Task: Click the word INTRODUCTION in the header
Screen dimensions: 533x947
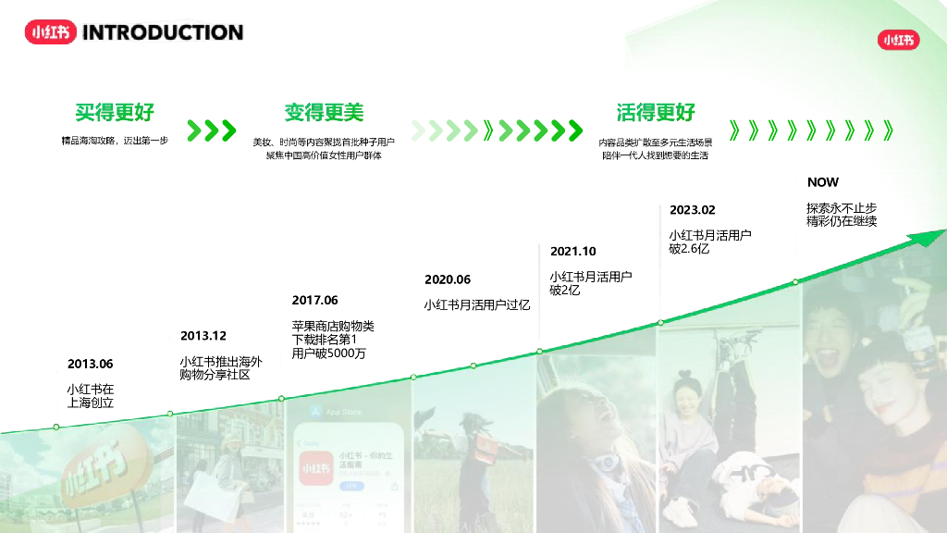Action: point(163,32)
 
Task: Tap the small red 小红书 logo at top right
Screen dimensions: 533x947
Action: point(898,40)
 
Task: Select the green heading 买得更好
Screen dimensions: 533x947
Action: point(115,113)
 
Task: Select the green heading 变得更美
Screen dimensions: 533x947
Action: point(324,113)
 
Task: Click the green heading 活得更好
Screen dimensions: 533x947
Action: point(656,113)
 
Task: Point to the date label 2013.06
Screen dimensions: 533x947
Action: point(91,364)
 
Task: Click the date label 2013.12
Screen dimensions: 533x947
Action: point(203,336)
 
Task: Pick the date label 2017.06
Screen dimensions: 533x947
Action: point(314,300)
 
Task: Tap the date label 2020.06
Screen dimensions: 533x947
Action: point(448,279)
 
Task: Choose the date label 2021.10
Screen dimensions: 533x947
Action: point(573,251)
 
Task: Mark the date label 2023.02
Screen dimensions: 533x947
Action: point(693,210)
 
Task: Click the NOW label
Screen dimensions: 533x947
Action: point(823,182)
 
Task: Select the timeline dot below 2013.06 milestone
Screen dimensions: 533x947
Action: point(56,427)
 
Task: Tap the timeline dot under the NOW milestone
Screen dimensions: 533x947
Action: point(795,281)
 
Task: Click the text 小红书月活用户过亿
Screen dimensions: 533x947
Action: point(477,304)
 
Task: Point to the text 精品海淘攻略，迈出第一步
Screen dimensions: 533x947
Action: point(115,142)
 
